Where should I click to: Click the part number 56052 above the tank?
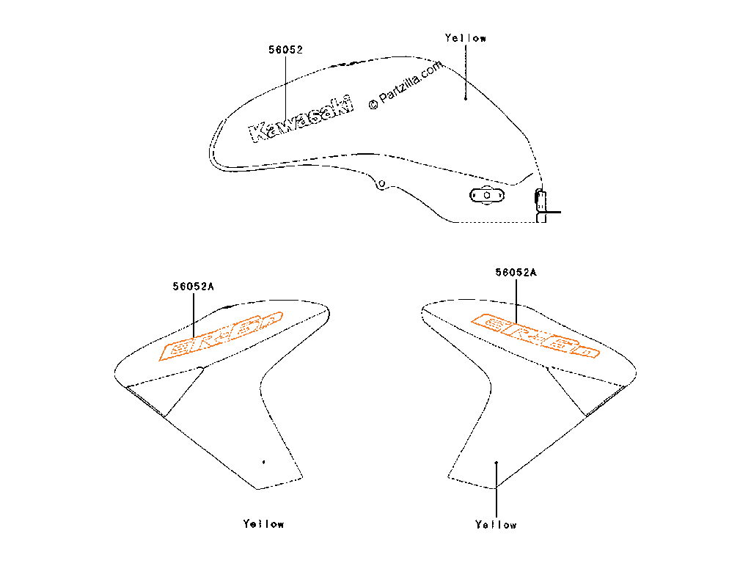tap(285, 50)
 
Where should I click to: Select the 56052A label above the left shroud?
tap(194, 287)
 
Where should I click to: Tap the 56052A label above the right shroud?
tap(516, 272)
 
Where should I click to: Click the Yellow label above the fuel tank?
tap(466, 38)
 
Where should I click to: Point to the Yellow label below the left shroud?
tap(263, 524)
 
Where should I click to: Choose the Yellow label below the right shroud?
tap(496, 525)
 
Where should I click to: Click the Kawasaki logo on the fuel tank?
tap(301, 118)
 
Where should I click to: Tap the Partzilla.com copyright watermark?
tap(406, 84)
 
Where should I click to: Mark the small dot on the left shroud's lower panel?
tap(263, 463)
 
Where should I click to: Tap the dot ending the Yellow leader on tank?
tap(466, 97)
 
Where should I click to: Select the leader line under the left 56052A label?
tap(194, 315)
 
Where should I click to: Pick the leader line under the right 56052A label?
tap(517, 301)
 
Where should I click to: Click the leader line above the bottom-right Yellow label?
tap(497, 491)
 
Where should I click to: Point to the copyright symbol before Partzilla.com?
tap(373, 104)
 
